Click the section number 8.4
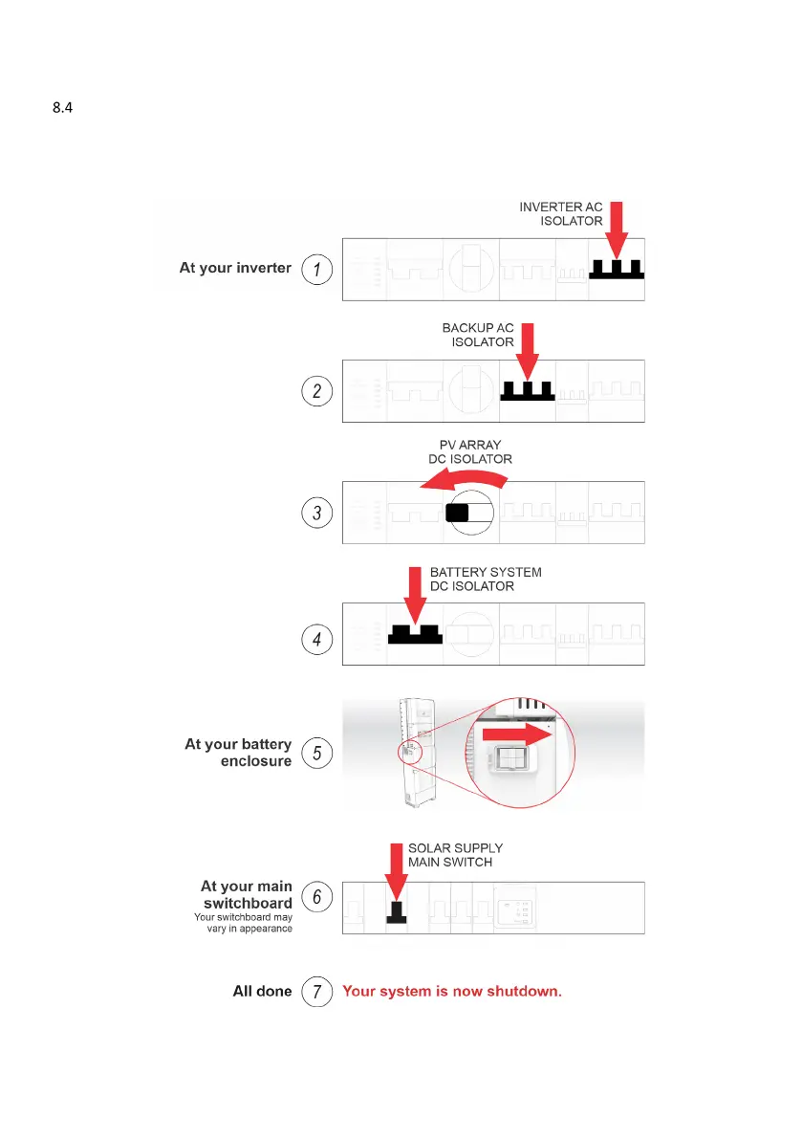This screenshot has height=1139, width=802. coord(62,109)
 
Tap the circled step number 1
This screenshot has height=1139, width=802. coord(317,269)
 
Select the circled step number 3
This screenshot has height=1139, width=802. coord(317,514)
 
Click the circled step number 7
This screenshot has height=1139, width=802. coord(317,991)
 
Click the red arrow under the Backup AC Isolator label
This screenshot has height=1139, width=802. coord(528,352)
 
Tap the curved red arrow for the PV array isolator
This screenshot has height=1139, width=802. coord(463,479)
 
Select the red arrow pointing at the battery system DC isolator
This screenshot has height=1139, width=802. coord(415,597)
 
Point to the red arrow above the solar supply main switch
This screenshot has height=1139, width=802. coord(397,867)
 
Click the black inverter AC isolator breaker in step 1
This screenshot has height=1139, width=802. coord(617,269)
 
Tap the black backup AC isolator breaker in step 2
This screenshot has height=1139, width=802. coord(527,391)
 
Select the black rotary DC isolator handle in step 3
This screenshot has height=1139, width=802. coord(458,514)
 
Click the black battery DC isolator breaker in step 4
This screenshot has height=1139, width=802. coord(414,634)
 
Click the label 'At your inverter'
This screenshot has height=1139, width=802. coord(235,268)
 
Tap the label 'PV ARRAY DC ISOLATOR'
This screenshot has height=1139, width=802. coord(470,452)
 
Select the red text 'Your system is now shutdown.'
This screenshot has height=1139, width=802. coord(452,991)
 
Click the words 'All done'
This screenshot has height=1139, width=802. coord(262,991)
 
